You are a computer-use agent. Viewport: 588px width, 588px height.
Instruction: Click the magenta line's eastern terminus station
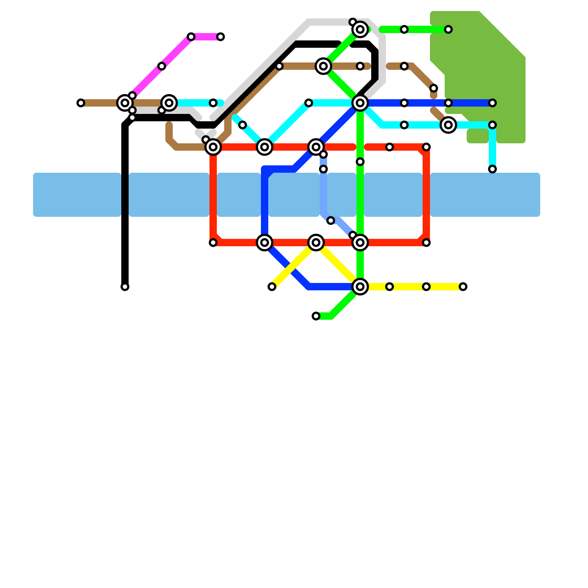tap(220, 37)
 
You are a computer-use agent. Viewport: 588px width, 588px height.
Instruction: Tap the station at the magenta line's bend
tap(191, 37)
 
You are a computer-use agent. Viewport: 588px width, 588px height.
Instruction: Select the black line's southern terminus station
tap(125, 287)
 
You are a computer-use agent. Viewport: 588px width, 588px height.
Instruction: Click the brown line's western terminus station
tap(81, 103)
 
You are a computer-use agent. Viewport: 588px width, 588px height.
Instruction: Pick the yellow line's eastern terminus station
tap(463, 287)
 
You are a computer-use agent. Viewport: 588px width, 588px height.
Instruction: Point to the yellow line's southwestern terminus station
tap(272, 287)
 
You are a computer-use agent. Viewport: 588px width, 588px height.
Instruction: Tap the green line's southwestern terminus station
tap(316, 316)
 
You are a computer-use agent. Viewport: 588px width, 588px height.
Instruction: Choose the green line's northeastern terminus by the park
tap(448, 29)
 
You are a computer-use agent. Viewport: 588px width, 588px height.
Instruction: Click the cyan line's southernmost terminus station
tap(492, 169)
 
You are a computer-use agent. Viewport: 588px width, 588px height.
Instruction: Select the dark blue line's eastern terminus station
tap(492, 103)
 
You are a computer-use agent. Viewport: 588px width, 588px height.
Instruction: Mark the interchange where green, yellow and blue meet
tap(360, 287)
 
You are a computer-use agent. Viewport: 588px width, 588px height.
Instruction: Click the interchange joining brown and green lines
tap(323, 66)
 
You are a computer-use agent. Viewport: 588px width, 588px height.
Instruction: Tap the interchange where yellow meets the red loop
tap(316, 243)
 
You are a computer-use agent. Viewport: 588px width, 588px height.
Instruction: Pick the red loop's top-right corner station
tap(426, 147)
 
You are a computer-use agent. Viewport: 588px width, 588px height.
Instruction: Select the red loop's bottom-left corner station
tap(213, 243)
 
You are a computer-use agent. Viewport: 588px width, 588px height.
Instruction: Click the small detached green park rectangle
tap(477, 136)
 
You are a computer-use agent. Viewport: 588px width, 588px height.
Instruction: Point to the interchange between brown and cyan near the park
tap(448, 125)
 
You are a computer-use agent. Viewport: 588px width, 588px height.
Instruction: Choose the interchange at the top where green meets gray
tap(360, 29)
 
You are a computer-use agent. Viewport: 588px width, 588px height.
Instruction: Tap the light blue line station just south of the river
tap(331, 220)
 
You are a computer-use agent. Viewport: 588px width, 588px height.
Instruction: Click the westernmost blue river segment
tap(77, 195)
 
